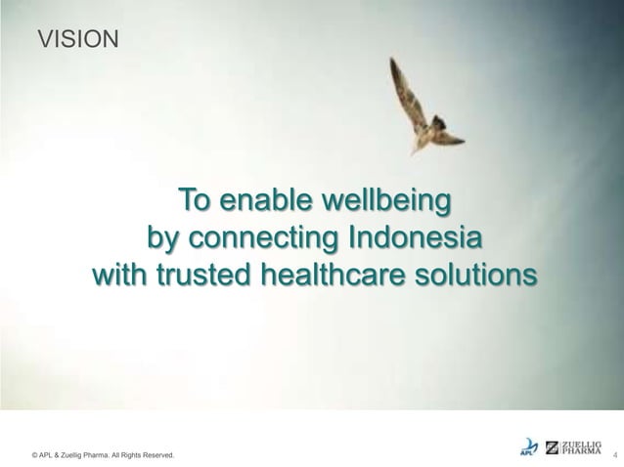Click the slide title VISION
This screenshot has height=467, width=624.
click(77, 39)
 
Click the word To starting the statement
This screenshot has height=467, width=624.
click(194, 203)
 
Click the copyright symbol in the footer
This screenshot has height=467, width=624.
click(35, 455)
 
